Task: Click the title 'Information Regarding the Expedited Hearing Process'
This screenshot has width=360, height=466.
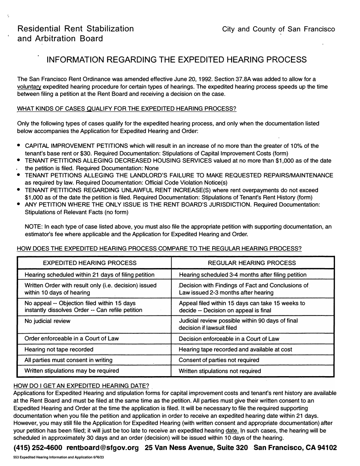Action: coord(176,60)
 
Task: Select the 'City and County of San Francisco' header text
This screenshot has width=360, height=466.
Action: coord(279,29)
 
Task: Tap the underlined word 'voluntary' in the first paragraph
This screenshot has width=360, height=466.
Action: coord(29,87)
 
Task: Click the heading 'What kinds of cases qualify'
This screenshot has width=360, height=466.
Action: coord(127,109)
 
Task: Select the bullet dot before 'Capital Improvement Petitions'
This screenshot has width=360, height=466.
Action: coord(19,146)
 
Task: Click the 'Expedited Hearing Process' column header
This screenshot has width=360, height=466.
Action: coord(90,263)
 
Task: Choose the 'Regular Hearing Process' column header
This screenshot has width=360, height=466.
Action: coord(252,263)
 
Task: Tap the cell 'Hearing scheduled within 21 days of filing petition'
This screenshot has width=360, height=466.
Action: coord(89,275)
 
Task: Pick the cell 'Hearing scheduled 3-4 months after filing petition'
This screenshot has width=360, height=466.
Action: coord(243,275)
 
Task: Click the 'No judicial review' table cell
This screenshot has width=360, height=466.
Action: coord(47,321)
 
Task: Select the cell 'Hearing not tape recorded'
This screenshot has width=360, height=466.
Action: coord(59,349)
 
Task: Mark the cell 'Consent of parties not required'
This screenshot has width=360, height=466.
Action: coord(219,360)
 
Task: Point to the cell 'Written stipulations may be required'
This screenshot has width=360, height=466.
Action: coord(72,370)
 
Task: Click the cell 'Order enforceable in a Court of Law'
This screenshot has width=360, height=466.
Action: coord(72,338)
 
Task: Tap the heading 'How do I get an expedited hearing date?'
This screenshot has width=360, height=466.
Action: coord(81,386)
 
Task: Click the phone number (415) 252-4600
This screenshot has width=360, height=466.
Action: coord(38,448)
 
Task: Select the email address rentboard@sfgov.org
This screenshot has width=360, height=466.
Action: coord(103,448)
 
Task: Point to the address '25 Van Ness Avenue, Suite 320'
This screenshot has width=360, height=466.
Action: coord(196,448)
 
